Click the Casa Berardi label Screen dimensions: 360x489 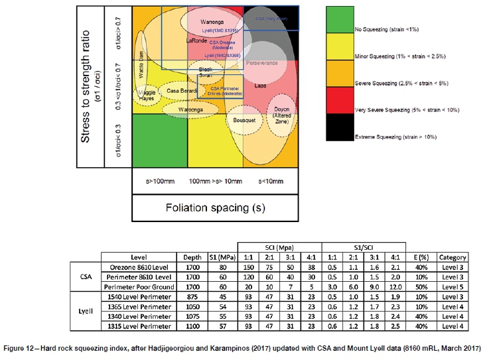(x=180, y=90)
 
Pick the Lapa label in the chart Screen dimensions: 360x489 (x=260, y=86)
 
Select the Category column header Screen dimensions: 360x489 (x=453, y=258)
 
